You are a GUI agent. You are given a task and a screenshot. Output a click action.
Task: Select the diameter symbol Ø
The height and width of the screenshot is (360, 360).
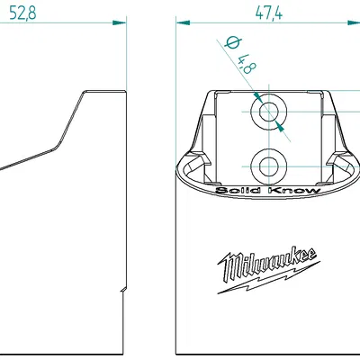point(230,44)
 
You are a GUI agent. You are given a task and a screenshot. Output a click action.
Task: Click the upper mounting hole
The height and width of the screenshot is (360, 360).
point(268,112)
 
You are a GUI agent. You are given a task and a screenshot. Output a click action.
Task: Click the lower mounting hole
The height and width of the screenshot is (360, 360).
point(268,165)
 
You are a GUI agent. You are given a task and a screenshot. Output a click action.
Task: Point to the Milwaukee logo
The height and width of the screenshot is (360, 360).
point(268,267)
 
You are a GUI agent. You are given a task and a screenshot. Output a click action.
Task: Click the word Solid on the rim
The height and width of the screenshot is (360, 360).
point(235,191)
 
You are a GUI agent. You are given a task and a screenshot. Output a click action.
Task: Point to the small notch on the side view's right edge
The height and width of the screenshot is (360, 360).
point(123,290)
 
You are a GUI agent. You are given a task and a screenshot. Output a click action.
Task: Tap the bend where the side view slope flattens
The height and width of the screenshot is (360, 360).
point(57,144)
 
